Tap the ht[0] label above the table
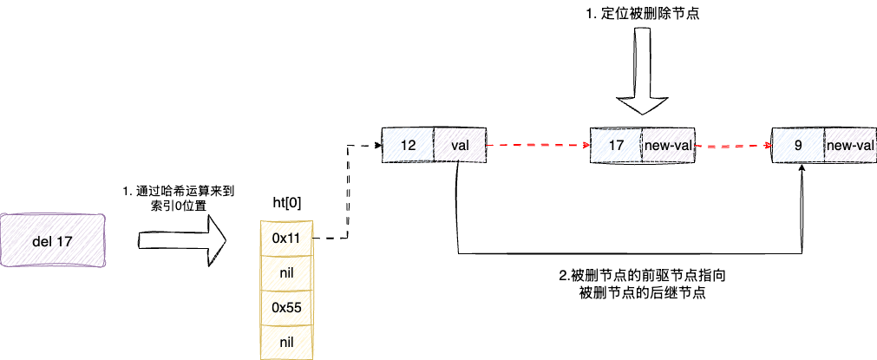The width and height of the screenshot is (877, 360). tap(286, 204)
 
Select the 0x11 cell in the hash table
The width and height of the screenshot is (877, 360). tap(285, 237)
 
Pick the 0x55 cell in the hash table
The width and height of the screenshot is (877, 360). tap(285, 307)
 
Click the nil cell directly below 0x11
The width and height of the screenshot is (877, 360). tap(285, 272)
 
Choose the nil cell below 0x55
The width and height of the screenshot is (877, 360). tap(285, 343)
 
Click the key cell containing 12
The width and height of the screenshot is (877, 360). tap(408, 146)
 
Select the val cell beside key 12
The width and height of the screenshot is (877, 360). tap(460, 146)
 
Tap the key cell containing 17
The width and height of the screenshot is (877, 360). tap(616, 146)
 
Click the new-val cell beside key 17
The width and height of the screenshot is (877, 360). tap(667, 146)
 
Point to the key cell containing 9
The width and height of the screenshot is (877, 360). tap(797, 146)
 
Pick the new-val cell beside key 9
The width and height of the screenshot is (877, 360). tap(849, 146)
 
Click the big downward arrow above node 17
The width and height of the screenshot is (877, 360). tap(641, 74)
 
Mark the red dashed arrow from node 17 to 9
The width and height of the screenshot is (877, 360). tap(733, 147)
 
